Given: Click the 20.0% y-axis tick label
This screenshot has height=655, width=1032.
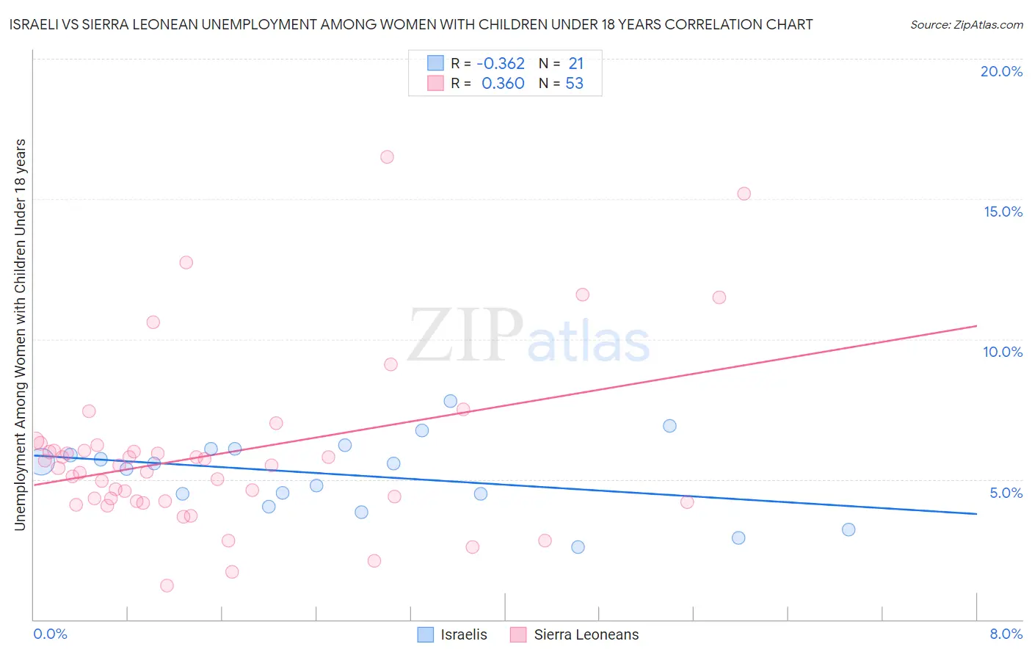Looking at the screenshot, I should (x=1001, y=71).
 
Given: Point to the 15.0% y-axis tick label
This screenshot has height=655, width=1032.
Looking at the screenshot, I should (x=1003, y=211).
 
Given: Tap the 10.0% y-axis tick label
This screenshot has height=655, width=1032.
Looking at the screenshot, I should (x=1003, y=352).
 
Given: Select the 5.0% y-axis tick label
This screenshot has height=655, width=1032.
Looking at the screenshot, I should (x=1006, y=493).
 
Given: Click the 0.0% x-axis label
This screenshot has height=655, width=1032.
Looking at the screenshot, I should (x=50, y=634).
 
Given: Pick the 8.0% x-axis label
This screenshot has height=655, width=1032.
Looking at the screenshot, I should (x=1006, y=634).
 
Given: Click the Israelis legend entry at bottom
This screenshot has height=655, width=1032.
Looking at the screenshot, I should (x=452, y=634).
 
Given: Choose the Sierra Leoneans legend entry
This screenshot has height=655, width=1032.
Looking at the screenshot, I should (x=575, y=634).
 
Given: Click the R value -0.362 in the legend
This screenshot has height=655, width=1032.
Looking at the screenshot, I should (x=501, y=64).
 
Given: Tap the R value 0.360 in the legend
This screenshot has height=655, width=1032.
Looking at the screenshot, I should (x=503, y=84).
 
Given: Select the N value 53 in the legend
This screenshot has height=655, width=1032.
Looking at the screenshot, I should (x=574, y=84).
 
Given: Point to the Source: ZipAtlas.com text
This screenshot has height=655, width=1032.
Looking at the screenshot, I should (x=966, y=25).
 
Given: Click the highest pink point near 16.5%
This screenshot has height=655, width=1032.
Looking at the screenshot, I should (x=387, y=156).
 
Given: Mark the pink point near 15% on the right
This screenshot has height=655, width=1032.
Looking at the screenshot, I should (x=744, y=194).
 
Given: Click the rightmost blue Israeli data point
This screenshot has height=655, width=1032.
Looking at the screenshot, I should (x=849, y=529).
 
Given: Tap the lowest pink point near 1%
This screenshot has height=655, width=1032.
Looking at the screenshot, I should (x=167, y=585).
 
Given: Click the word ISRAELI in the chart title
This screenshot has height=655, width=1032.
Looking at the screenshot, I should (x=36, y=24).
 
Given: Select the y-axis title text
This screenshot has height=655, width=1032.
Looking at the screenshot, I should (x=20, y=334).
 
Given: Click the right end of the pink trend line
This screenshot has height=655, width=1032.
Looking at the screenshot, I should (x=976, y=325).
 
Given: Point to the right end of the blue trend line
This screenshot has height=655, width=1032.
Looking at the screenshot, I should (x=976, y=513).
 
